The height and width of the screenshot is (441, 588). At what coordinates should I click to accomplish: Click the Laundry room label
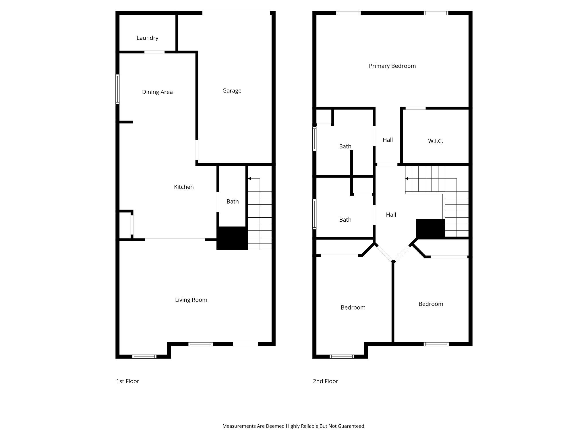(x=147, y=38)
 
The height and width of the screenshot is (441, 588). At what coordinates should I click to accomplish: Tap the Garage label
(x=232, y=91)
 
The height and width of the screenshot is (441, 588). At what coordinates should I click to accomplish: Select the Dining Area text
(x=157, y=92)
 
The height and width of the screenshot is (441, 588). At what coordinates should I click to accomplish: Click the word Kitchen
(x=184, y=187)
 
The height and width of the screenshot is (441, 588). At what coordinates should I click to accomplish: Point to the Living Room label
(x=191, y=300)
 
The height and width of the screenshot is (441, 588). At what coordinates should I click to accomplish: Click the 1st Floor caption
(x=127, y=381)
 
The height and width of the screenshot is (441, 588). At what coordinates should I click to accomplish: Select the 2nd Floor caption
(x=325, y=381)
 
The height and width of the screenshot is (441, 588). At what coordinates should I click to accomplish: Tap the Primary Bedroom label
(x=392, y=66)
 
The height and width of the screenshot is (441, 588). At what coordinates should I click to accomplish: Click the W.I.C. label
(x=435, y=141)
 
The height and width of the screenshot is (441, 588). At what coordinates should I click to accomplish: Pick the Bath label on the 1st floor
(x=233, y=202)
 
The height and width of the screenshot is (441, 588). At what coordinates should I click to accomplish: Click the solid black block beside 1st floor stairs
(x=232, y=238)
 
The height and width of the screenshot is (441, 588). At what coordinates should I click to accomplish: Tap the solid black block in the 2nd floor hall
(x=430, y=229)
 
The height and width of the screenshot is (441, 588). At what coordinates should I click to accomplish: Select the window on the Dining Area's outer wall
(x=117, y=89)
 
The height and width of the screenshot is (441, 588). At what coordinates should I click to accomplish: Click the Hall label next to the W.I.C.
(x=388, y=140)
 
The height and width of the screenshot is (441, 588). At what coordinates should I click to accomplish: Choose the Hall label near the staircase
(x=391, y=215)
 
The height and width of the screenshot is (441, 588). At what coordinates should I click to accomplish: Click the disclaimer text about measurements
(x=294, y=426)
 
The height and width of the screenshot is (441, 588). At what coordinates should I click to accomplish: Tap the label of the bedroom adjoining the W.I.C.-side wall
(x=431, y=304)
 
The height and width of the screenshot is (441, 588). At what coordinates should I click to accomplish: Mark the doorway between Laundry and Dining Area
(x=154, y=52)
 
